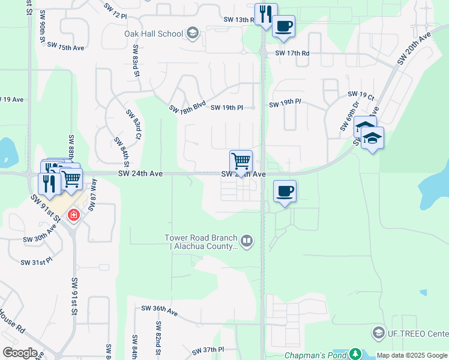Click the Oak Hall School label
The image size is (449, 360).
click(154, 33)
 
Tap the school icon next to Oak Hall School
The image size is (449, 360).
click(193, 32)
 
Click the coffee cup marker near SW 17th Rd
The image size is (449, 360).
click(283, 26)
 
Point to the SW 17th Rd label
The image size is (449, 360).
click(292, 53)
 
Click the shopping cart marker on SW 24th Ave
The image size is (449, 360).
click(241, 161)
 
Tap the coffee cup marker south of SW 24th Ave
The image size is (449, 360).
click(285, 191)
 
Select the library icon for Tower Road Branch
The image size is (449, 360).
click(247, 241)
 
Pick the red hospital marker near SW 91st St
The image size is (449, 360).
click(73, 214)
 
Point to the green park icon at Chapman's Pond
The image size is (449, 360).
click(355, 354)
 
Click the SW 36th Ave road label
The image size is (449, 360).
click(160, 310)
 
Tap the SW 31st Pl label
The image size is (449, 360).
click(37, 262)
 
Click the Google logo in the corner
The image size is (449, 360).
click(20, 353)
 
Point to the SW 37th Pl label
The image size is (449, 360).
click(208, 350)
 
